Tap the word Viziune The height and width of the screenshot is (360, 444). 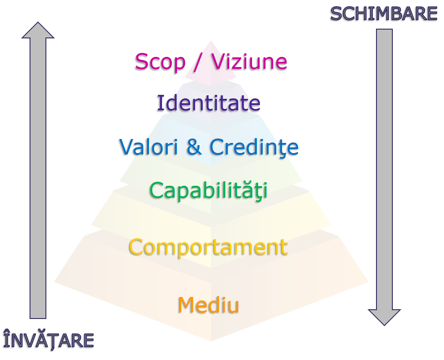tap(249, 62)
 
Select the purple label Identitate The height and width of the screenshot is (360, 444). tap(209, 103)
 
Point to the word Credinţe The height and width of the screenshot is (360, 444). tap(254, 147)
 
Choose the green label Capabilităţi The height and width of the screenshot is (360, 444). tap(208, 191)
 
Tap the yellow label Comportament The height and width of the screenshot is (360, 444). tap(208, 247)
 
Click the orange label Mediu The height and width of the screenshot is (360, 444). tap(208, 305)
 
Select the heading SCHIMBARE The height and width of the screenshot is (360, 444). tap(383, 14)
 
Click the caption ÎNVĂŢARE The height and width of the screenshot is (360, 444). tap(49, 340)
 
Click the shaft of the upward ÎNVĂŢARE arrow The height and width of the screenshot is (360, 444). tap(38, 176)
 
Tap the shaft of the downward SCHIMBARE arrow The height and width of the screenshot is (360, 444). tap(384, 168)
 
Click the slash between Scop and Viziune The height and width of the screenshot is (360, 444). tap(199, 62)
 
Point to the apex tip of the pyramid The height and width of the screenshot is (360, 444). tap(211, 41)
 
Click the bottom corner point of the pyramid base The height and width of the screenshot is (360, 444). tap(211, 341)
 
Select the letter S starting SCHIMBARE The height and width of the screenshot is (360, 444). tap(337, 14)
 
